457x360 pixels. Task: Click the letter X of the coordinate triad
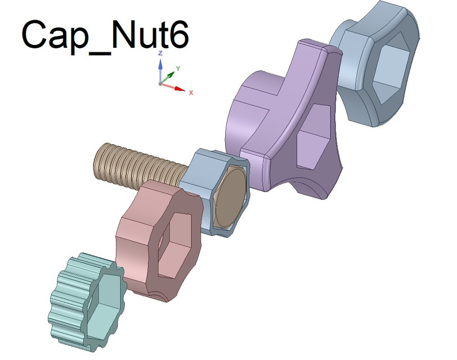coord(191,92)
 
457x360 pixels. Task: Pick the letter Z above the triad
coord(160,53)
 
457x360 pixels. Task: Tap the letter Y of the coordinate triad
coord(178,67)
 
